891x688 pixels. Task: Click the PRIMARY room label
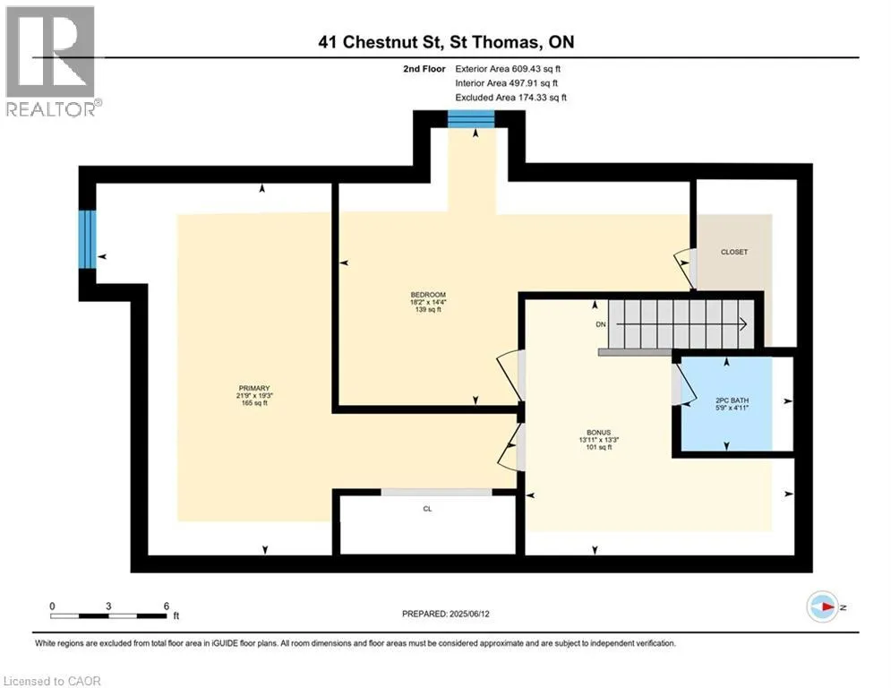pyautogui.click(x=254, y=389)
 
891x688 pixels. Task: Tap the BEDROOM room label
pyautogui.click(x=428, y=295)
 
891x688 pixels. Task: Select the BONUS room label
pyautogui.click(x=598, y=432)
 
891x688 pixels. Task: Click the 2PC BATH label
pyautogui.click(x=732, y=400)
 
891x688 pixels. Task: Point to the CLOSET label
pyautogui.click(x=734, y=252)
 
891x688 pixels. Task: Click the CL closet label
pyautogui.click(x=427, y=509)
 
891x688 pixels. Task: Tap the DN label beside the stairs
pyautogui.click(x=601, y=324)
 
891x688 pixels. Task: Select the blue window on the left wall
pyautogui.click(x=87, y=239)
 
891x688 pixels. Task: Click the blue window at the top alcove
pyautogui.click(x=471, y=119)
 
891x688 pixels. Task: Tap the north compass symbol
pyautogui.click(x=823, y=606)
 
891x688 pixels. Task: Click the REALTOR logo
pyautogui.click(x=51, y=62)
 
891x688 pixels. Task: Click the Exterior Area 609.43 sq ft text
pyautogui.click(x=508, y=69)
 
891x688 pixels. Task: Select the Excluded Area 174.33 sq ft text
pyautogui.click(x=510, y=98)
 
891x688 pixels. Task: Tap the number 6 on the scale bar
pyautogui.click(x=167, y=606)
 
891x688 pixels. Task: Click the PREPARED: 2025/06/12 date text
pyautogui.click(x=446, y=614)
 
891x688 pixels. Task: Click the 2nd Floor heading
pyautogui.click(x=424, y=69)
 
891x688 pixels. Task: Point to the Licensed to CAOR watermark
pyautogui.click(x=52, y=681)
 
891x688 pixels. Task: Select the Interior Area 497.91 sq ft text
pyautogui.click(x=506, y=83)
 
